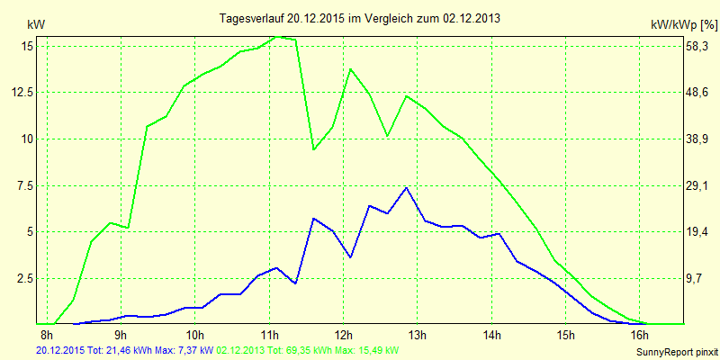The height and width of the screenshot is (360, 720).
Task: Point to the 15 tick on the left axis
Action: tap(27, 46)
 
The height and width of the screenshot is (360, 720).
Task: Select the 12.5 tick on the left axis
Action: tap(22, 93)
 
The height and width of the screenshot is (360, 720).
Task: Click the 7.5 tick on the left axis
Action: tap(25, 185)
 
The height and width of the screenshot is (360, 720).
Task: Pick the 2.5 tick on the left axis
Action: tap(25, 278)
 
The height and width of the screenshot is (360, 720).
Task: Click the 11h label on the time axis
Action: tap(269, 337)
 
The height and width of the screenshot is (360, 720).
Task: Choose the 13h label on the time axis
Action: tap(418, 337)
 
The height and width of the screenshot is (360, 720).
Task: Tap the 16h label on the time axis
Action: tap(640, 337)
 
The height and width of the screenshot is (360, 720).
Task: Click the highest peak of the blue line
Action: tap(407, 187)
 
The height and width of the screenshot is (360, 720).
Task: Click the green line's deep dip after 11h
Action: tap(314, 148)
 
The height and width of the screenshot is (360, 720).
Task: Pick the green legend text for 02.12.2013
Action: tap(307, 349)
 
